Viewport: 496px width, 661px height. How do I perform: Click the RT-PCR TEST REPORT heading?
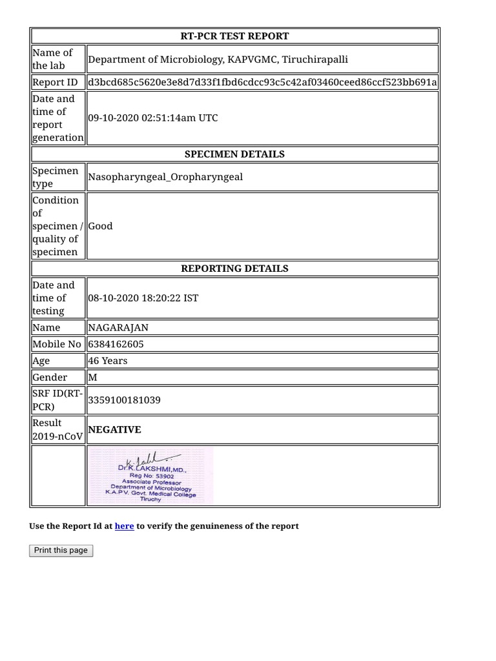[235, 36]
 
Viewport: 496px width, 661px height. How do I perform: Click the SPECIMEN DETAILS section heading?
[235, 154]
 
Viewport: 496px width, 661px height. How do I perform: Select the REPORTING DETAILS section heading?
[235, 269]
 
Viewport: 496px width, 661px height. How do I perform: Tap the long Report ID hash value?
[262, 82]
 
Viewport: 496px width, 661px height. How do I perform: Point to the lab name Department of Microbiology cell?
[218, 59]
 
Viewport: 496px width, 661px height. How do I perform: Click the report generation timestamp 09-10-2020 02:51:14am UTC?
[153, 118]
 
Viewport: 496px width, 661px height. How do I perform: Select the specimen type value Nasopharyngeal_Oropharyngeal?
[165, 177]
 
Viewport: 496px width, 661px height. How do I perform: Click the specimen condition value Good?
[101, 226]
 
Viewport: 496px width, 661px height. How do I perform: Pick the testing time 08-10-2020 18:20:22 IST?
[143, 298]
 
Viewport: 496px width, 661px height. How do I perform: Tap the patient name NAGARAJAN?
[118, 327]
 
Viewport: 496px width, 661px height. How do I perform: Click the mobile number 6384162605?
[116, 344]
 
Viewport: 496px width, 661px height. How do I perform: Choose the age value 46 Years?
[108, 361]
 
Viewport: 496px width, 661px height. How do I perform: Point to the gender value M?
[92, 377]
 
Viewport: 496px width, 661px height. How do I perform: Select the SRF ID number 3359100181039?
[125, 400]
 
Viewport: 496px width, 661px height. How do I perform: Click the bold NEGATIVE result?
[114, 430]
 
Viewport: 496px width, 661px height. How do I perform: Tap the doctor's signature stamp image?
[150, 476]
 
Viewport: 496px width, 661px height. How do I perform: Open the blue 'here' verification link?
[124, 526]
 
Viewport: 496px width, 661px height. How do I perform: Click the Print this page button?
[61, 551]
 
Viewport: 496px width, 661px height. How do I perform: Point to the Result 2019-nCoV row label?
[57, 430]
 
